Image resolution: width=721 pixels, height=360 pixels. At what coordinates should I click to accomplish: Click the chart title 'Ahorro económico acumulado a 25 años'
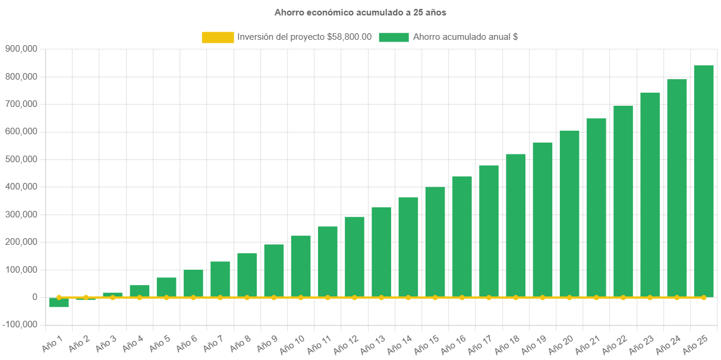pos(360,12)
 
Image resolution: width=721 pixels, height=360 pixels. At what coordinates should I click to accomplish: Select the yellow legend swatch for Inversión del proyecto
pos(218,37)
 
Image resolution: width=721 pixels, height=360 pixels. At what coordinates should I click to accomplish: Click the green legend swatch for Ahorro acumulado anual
pos(393,37)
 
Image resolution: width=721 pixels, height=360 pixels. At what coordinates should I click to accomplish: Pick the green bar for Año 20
pos(569,214)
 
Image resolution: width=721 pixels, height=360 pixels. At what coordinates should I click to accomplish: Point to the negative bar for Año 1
pos(59,303)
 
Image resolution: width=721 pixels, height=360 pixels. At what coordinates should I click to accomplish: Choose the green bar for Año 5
pos(166,288)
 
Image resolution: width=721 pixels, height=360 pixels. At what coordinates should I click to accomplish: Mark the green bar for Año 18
pos(515,226)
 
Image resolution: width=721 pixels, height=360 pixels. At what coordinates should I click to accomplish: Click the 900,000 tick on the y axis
pos(21,49)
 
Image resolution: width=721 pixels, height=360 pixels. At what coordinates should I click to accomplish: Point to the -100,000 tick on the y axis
pos(20,324)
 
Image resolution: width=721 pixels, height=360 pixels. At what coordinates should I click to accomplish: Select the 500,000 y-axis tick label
pos(21,159)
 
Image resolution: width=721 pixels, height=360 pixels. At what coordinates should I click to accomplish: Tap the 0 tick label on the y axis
pos(35,297)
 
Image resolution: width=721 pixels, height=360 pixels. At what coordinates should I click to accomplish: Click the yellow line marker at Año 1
pos(59,297)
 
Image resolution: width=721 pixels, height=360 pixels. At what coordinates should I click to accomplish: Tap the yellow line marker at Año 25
pos(703,297)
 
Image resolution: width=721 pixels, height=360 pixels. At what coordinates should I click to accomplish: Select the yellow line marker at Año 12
pos(354,297)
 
